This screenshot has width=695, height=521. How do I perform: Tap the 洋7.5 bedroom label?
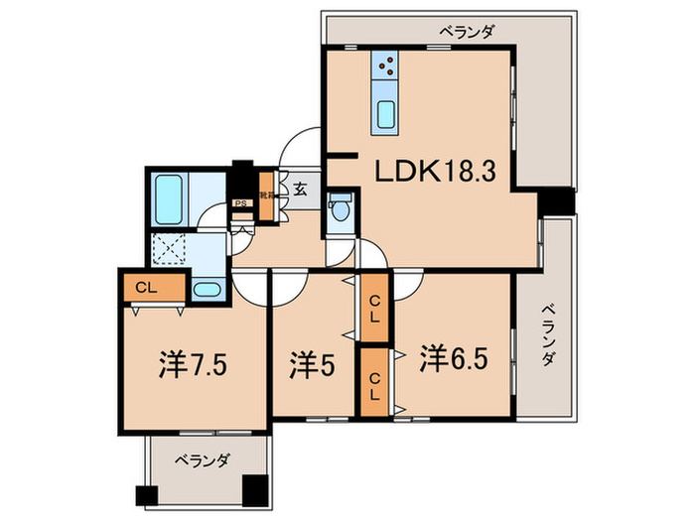[196, 365]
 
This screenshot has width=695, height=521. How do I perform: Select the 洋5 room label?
[311, 365]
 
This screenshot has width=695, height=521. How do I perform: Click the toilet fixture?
[340, 209]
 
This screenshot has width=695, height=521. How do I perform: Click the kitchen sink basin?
[386, 113]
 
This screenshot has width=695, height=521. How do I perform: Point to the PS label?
[240, 204]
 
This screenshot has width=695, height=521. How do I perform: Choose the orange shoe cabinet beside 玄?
[266, 186]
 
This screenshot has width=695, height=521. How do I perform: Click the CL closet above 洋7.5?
[153, 289]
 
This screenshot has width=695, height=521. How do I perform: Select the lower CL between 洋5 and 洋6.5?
[374, 381]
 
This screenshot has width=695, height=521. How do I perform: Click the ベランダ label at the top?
[467, 33]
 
